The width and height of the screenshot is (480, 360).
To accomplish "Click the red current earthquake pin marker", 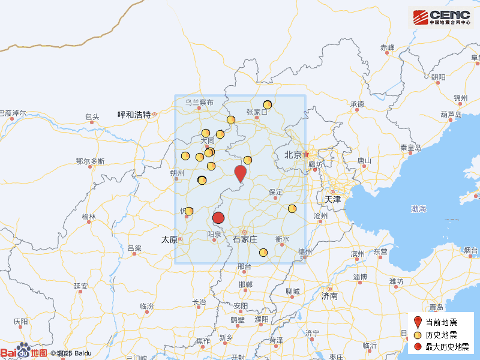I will [240, 173].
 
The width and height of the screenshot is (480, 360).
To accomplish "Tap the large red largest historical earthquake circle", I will [218, 218].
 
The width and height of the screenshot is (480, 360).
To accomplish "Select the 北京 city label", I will [293, 155].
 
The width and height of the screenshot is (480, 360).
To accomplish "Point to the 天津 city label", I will [332, 199].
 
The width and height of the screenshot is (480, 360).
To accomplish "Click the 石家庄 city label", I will [245, 239].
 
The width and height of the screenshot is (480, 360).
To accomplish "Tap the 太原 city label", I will [169, 239].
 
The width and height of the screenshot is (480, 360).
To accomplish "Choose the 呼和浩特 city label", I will [134, 115].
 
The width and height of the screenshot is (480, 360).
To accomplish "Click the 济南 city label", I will [329, 296].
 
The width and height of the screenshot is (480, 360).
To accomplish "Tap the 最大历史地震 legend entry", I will [447, 347].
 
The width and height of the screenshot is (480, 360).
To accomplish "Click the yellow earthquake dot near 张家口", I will [268, 104].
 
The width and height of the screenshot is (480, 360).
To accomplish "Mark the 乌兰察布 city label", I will [199, 103].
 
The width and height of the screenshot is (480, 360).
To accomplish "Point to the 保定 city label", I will [275, 192].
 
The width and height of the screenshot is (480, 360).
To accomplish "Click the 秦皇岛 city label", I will [412, 148].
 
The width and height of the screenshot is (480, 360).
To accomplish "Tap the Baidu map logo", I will [24, 352].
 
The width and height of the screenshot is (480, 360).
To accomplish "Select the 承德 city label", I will [357, 104].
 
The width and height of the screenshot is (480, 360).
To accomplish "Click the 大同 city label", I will [208, 140].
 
